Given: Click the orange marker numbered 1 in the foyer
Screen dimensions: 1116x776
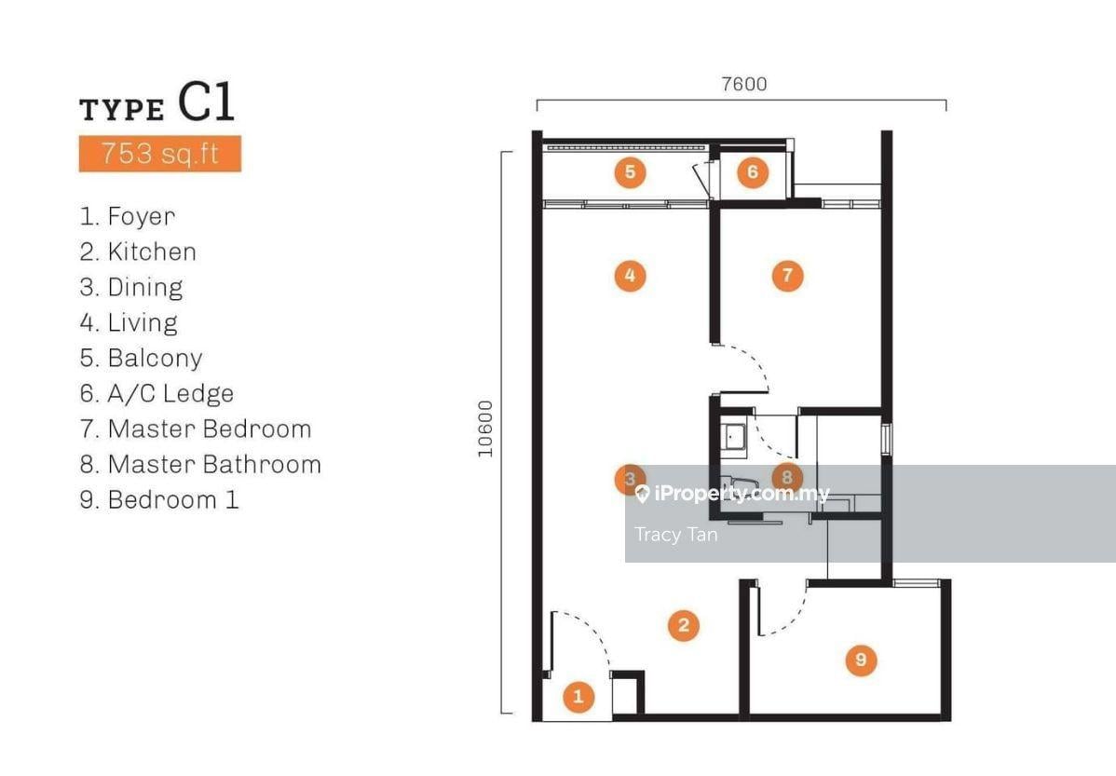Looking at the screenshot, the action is pos(578,697).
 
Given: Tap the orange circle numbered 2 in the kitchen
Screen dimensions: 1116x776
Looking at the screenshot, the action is pos(683,625).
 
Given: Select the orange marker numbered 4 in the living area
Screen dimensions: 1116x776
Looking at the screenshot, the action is pos(630,276).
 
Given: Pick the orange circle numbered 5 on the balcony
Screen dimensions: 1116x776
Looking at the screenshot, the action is pos(630,172).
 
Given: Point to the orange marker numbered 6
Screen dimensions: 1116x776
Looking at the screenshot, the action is pos(753,172).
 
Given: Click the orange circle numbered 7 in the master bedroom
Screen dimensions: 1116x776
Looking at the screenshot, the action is pos(787,276).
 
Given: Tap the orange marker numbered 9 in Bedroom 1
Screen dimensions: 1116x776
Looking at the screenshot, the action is pos(861,660).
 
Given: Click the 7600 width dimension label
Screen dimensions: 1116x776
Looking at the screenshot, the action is pos(743,84).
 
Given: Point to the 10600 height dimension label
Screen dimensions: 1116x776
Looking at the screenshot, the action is pos(485,429).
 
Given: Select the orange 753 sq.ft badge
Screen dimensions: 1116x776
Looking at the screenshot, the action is pos(160,154).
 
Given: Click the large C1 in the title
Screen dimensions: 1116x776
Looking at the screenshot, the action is pos(206,102).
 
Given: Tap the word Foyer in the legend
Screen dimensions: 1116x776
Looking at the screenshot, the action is pos(141,216).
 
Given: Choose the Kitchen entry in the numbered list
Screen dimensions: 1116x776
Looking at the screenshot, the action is pos(138,252).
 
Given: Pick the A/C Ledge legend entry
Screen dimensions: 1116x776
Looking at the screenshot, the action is pos(157,393).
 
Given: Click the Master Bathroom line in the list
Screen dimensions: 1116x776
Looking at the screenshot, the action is pos(200,464).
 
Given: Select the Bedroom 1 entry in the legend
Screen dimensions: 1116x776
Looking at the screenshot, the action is pos(159,499).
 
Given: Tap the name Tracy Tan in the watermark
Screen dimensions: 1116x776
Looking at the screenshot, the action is pos(675,535).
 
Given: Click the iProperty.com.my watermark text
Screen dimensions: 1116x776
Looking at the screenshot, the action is pos(732,494).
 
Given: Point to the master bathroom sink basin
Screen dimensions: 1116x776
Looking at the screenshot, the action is pos(733,437).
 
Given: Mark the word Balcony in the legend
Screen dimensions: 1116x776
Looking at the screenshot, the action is pos(156,358).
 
